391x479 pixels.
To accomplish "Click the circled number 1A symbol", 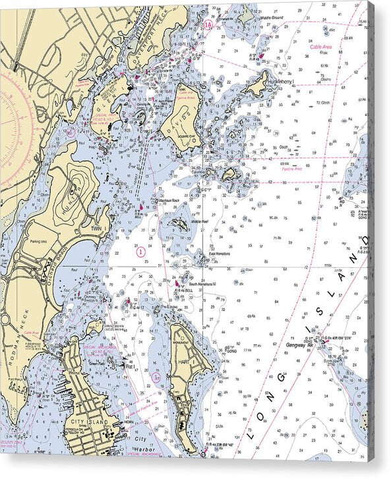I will tap(208, 25).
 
